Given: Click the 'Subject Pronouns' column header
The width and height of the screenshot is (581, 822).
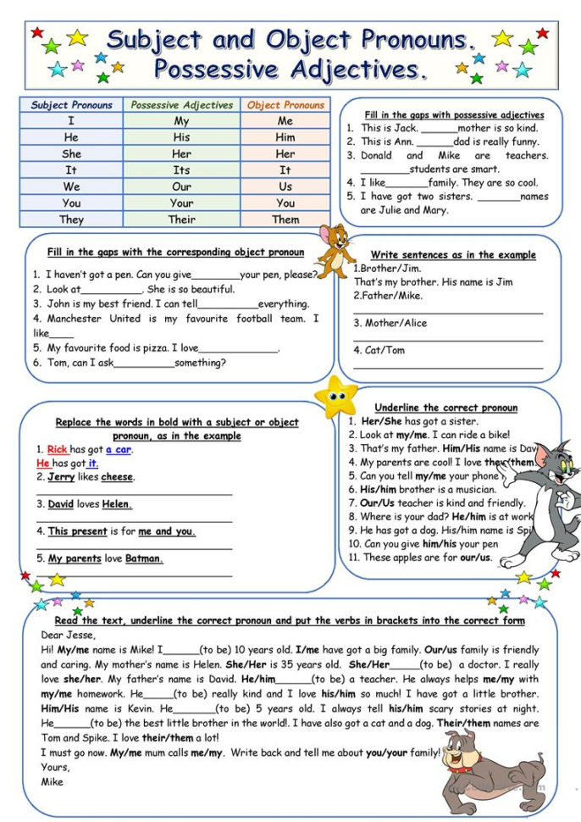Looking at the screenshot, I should (72, 105).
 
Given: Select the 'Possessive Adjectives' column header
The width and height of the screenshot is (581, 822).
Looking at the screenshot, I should (181, 105).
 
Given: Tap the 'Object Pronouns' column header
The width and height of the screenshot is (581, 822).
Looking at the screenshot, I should (285, 105).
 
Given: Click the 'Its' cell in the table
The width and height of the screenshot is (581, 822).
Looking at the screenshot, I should (181, 170).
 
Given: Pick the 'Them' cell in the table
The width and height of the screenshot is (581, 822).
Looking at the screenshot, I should (285, 219).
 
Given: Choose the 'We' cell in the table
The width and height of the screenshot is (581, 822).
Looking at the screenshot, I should (72, 186).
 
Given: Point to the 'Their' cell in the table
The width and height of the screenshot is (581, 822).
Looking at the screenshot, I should (181, 219).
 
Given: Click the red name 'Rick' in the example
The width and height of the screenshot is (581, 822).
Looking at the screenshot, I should (57, 449).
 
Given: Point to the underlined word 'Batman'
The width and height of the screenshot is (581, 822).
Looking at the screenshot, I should (144, 559).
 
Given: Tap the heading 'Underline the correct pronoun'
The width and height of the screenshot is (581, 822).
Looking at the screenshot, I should (445, 408).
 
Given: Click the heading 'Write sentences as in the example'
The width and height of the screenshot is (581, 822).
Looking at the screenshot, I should (453, 254).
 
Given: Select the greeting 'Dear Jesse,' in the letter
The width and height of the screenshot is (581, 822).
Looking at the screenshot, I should (69, 635).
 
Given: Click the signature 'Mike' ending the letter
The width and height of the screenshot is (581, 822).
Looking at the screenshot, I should (53, 781).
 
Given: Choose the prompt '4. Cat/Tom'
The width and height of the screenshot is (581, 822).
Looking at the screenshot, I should (379, 350).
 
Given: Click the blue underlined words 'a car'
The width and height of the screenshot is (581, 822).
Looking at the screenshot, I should (119, 449).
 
